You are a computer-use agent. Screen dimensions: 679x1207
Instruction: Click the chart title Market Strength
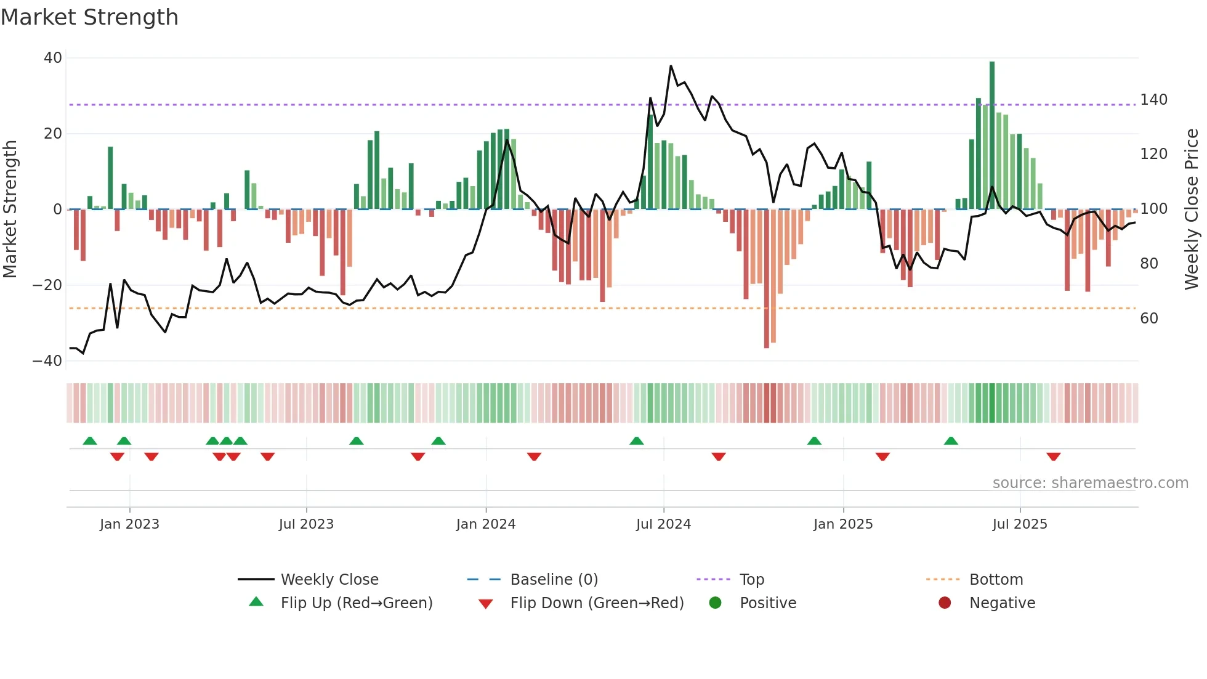(89, 17)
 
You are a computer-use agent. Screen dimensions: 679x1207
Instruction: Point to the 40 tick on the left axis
(53, 58)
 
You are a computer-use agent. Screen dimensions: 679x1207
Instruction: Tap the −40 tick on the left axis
(48, 361)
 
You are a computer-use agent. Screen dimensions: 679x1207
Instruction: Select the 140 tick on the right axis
(1153, 100)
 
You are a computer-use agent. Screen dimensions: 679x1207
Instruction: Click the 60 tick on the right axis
(1149, 319)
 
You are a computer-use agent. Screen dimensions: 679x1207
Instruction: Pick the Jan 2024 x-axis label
(485, 524)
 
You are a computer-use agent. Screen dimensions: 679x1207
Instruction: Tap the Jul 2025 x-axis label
(1019, 524)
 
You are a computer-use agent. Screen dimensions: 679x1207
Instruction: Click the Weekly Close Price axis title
(1192, 209)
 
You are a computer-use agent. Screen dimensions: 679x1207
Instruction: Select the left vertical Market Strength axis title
(10, 209)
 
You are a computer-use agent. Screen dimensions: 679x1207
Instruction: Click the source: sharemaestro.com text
(1090, 483)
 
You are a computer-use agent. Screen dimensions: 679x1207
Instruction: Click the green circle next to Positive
(715, 603)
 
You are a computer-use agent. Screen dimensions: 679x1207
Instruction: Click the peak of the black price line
(671, 66)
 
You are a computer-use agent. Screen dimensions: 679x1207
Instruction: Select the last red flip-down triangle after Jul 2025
(1053, 457)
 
